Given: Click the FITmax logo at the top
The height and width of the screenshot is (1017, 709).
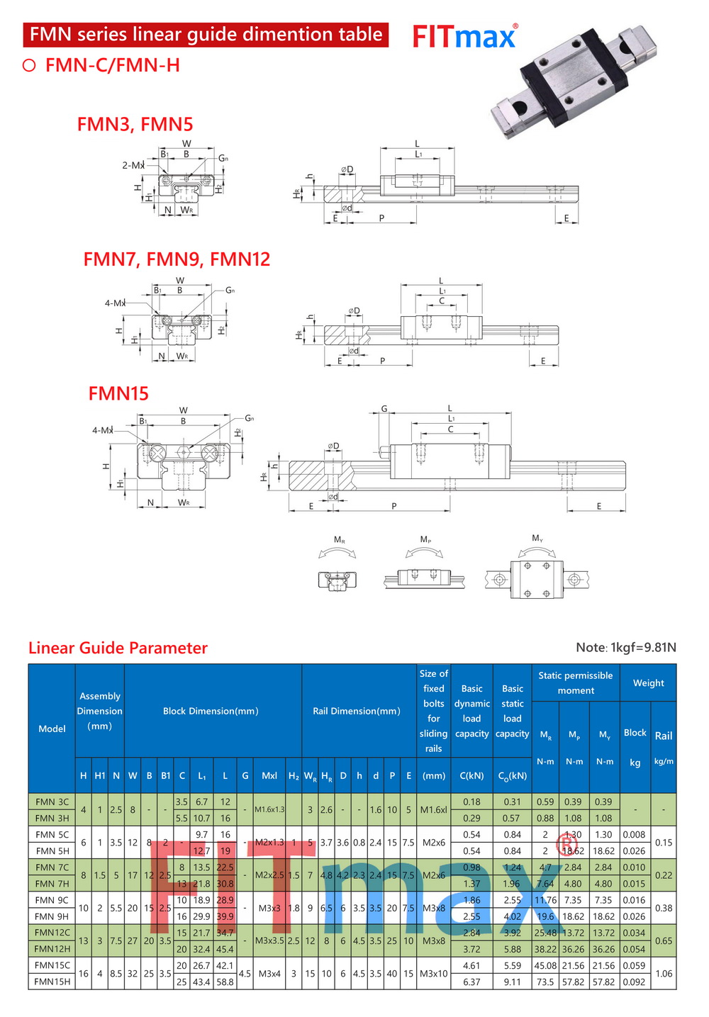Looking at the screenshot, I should coord(464,37).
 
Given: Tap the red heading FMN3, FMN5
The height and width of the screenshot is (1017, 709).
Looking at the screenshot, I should coord(135,124).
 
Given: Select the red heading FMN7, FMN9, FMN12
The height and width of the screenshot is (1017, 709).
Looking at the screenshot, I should coord(177,259).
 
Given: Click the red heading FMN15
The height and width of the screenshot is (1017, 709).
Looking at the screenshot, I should coord(118,393).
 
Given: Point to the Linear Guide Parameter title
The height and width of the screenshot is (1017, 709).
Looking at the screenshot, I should coord(118,648).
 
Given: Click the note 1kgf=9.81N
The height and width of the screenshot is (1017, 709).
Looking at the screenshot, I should coord(626,647).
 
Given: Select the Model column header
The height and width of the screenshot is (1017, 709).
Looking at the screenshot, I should coord(52,729).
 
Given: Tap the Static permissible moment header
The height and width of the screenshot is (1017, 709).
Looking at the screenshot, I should coord(575,682).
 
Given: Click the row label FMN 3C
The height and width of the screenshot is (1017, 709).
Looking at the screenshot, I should coord(52,802).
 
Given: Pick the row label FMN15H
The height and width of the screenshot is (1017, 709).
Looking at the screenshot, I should coord(52,982).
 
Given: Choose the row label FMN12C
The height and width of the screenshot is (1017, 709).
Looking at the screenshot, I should coord(52,933).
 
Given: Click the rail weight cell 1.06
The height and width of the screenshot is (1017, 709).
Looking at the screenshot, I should coord(664,974).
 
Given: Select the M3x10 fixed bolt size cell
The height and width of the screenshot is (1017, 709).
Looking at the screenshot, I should coord(433,974).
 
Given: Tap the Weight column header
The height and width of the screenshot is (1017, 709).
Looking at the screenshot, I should coord(648,682).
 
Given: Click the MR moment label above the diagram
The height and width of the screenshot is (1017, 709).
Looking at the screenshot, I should coord(339,540).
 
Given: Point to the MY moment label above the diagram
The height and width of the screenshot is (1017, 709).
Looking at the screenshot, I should coord(537,539).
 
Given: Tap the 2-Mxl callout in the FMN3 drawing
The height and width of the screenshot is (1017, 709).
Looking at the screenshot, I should coord(133,165).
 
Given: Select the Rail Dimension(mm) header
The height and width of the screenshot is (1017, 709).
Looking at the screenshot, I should coord(357,711).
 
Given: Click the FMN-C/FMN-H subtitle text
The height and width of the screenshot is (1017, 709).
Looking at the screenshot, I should coord(112,65).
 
